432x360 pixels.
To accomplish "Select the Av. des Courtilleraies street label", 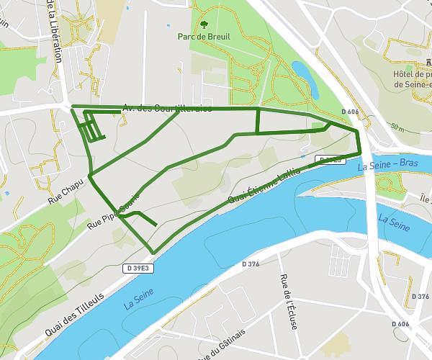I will (167, 108).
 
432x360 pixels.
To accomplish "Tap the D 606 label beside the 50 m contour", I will (349, 112).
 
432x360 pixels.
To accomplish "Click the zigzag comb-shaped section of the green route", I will (91, 129).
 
